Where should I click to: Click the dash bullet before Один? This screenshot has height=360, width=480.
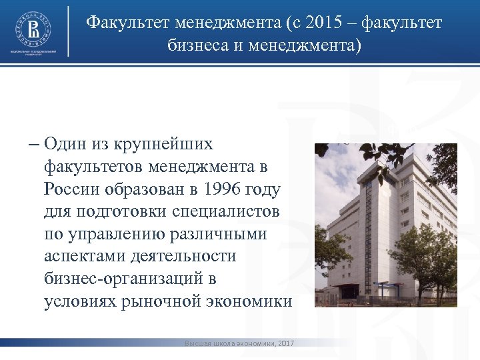(34, 144)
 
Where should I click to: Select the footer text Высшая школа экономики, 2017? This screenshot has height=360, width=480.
(239, 343)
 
